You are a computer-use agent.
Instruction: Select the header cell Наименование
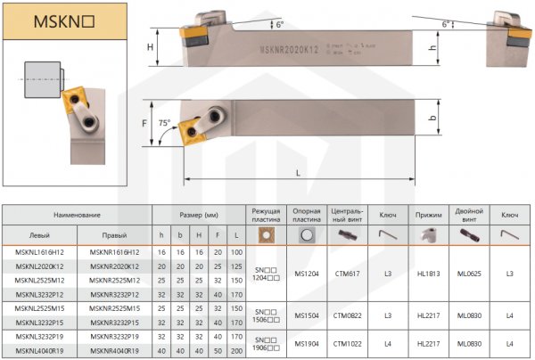pyautogui.click(x=77, y=216)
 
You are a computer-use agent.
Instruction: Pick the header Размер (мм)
pyautogui.click(x=199, y=216)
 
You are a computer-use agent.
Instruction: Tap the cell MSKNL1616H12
pyautogui.click(x=38, y=254)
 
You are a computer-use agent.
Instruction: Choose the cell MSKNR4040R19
pyautogui.click(x=114, y=352)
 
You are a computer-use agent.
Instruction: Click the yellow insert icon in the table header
pyautogui.click(x=265, y=234)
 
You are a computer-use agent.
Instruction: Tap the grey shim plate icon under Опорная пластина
pyautogui.click(x=306, y=234)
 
